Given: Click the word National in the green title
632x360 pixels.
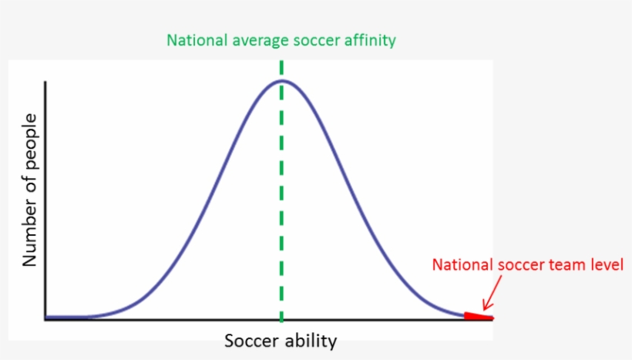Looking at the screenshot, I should (x=197, y=40).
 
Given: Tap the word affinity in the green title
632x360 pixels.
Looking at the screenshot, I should (x=369, y=40).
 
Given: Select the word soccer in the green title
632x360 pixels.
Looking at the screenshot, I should (x=316, y=40).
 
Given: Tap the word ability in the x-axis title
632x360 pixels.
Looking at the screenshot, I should (x=311, y=341).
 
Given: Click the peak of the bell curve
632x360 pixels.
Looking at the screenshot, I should (x=281, y=80).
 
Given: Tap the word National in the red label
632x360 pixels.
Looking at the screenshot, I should (x=461, y=265).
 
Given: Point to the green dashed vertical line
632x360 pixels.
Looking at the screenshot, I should (x=281, y=193).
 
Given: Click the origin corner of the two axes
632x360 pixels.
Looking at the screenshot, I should (x=45, y=318).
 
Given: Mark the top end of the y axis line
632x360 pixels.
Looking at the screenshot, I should (x=45, y=81).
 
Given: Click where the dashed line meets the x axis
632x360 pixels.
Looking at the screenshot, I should (x=281, y=318).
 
